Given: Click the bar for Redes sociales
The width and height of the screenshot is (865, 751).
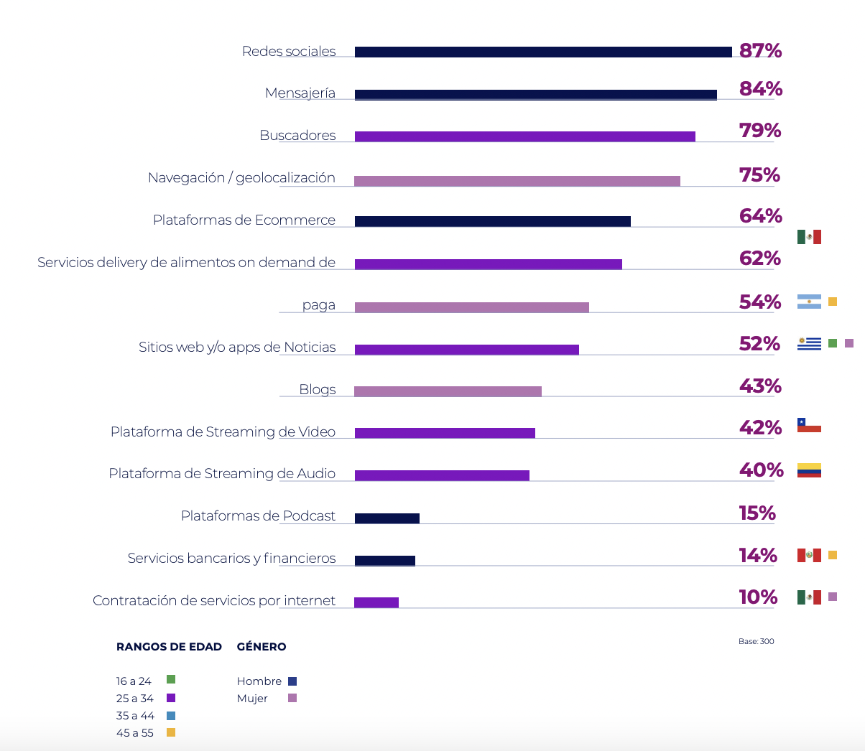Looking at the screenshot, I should point(543,52).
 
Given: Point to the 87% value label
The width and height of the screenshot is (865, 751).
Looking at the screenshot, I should point(760,51).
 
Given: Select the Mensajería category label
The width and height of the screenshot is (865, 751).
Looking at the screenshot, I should point(300,93).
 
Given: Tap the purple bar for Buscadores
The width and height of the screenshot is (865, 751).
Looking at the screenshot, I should point(524,136).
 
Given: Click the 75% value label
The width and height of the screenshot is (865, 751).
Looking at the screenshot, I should point(759,175).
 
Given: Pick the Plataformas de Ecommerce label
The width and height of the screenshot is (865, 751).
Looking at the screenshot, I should point(244,220).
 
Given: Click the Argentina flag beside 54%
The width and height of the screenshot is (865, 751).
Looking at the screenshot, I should point(809,302).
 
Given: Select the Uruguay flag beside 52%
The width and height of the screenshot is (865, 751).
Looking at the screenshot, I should point(809,344).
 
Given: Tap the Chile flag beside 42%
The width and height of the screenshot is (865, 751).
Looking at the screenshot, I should point(809,425).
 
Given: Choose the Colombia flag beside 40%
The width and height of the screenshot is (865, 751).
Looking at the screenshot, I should point(809,470).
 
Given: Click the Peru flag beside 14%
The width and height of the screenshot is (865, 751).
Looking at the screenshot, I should point(809,555).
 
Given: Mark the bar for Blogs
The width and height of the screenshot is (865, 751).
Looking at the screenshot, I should point(448,391).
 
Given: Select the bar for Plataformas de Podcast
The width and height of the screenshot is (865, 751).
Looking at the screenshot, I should point(387,518).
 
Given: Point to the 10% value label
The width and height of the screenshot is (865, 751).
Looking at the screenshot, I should point(758,597).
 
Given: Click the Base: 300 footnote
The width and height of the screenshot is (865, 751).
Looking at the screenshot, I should point(756,641).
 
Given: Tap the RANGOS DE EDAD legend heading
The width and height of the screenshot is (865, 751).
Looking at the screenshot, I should point(169,647).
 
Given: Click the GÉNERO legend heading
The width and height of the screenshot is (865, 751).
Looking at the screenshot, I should point(262,647).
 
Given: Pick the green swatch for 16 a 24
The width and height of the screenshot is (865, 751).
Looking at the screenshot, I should point(171,679).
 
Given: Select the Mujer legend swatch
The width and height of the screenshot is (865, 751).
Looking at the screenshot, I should point(292,698).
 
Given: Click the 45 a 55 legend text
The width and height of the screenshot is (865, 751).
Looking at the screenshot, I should point(135,733).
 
